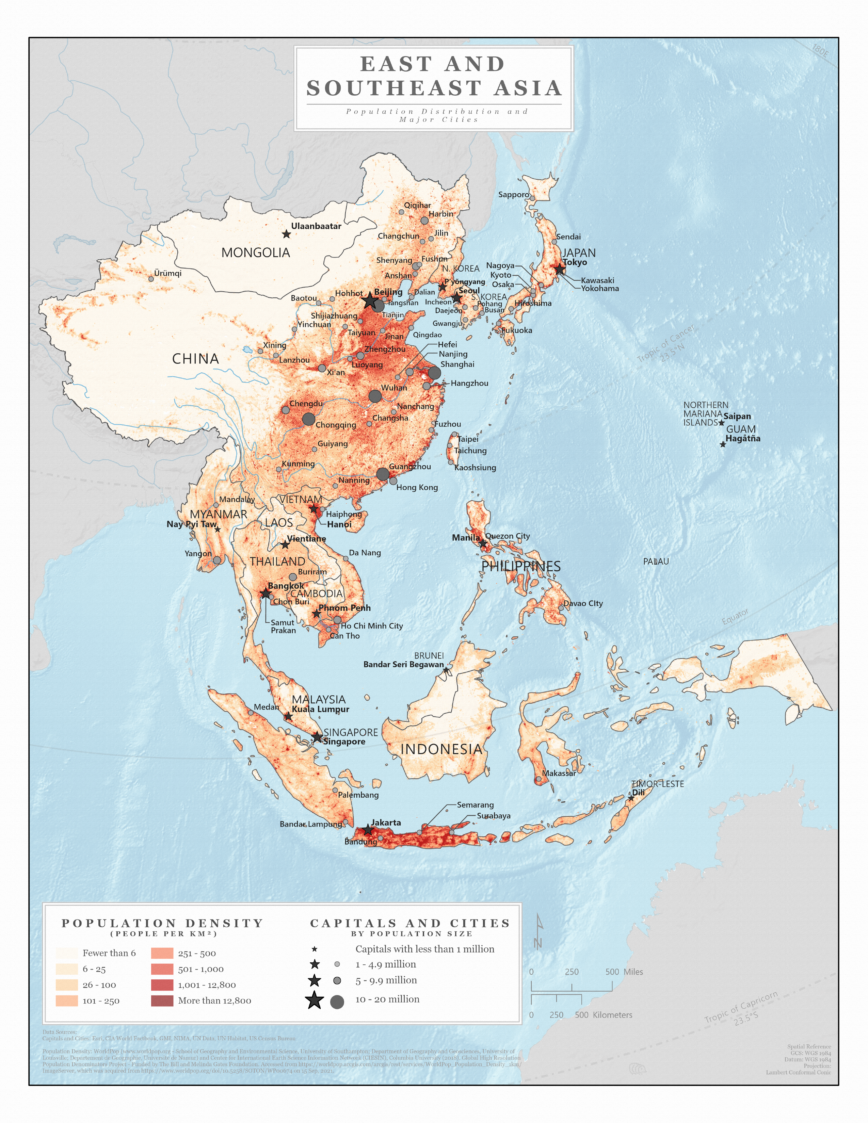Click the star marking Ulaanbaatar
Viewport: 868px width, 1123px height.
click(x=286, y=234)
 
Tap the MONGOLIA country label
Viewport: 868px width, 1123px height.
click(x=256, y=253)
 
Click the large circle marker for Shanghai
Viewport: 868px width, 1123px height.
click(x=435, y=373)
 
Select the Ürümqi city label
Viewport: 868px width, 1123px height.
click(x=167, y=273)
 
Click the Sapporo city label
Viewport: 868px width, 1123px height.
click(x=513, y=194)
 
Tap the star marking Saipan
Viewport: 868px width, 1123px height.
click(x=721, y=423)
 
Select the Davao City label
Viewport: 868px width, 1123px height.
click(x=583, y=603)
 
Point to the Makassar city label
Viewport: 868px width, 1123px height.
click(x=559, y=773)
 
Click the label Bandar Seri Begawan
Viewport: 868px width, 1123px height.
click(x=403, y=664)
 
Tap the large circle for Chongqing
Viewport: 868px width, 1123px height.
click(x=308, y=419)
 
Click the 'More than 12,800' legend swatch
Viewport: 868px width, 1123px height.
click(x=162, y=1000)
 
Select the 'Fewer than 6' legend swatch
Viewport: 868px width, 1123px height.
click(x=67, y=953)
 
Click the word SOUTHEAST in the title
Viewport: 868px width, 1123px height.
click(x=394, y=88)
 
